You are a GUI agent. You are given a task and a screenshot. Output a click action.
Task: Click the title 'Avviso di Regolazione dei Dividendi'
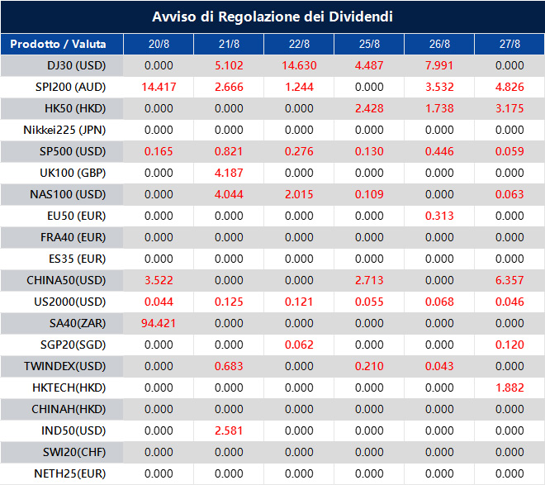pyautogui.click(x=272, y=17)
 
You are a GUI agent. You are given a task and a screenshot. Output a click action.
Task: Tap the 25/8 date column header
pyautogui.click(x=369, y=44)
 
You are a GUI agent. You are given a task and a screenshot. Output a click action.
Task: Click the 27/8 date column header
pyautogui.click(x=509, y=44)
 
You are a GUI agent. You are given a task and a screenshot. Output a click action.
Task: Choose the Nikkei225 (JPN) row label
pyautogui.click(x=76, y=130)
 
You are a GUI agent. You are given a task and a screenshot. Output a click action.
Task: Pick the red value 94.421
pyautogui.click(x=159, y=323)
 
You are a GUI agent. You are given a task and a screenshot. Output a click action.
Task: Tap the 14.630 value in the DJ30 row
pyautogui.click(x=299, y=65)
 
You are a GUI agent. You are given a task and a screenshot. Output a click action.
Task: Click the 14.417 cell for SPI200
pyautogui.click(x=159, y=87)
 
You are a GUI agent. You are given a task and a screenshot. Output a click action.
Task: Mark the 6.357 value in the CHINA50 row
pyautogui.click(x=509, y=280)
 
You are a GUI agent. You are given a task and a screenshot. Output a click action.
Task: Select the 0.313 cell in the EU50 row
pyautogui.click(x=439, y=216)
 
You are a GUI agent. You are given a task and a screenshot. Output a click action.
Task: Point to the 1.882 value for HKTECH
pyautogui.click(x=509, y=388)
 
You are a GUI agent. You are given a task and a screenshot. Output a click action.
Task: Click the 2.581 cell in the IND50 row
pyautogui.click(x=229, y=430)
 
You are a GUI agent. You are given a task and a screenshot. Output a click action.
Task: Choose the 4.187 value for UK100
pyautogui.click(x=229, y=173)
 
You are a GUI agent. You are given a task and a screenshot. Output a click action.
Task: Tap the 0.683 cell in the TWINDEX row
pyautogui.click(x=229, y=366)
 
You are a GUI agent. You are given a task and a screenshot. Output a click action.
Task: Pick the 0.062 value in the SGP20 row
pyautogui.click(x=299, y=345)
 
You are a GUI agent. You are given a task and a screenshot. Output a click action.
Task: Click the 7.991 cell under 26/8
pyautogui.click(x=439, y=65)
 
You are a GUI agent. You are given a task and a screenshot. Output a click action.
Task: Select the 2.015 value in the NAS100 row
pyautogui.click(x=299, y=194)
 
